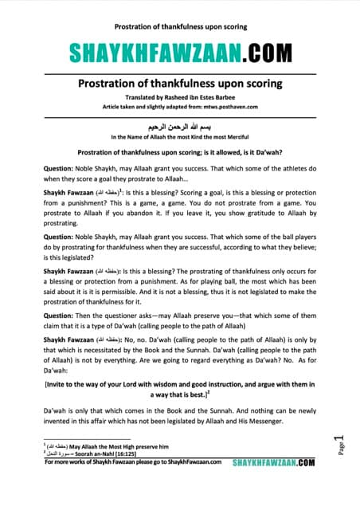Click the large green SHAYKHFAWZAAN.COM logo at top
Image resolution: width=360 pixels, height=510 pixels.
[x=179, y=53]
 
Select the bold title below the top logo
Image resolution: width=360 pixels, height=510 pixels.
[x=179, y=84]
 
